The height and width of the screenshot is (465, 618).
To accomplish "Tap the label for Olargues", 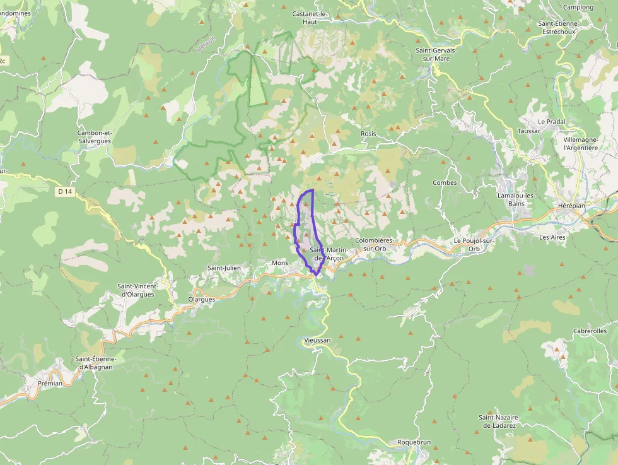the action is point(202,299).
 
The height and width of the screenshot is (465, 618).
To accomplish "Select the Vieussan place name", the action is point(317,340).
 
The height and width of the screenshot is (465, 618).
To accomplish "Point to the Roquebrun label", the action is point(414,442).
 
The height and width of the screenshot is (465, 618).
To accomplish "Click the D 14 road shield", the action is point(65,191).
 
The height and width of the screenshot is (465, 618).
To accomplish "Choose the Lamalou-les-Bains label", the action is point(516,199).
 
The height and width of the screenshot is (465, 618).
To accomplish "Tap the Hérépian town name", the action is point(572,206).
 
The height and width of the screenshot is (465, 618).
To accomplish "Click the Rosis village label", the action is point(368,134).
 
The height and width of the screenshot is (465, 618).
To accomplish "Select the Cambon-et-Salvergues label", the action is point(95,137).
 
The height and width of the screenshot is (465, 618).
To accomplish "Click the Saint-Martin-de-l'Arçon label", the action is point(327,254).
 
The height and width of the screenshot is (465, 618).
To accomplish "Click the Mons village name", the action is point(279,262).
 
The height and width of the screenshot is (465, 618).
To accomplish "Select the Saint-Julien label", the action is point(224,268).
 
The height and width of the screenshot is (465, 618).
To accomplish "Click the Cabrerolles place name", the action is point(590,331).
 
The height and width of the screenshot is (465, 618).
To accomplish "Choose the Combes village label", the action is point(445,183).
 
